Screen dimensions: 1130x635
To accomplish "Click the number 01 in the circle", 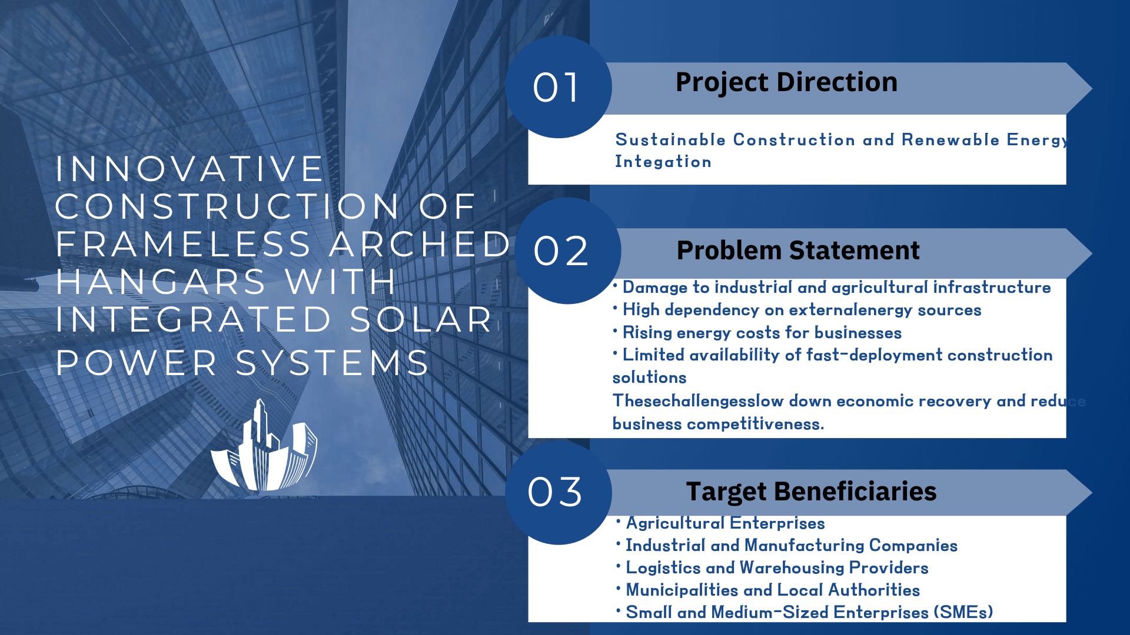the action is (x=556, y=88).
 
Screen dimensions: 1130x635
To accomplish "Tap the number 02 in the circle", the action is (x=560, y=251).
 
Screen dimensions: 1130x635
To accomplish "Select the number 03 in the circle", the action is (x=555, y=492).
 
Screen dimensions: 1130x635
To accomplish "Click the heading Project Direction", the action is (x=786, y=82).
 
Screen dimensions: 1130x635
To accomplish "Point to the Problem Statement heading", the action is (x=798, y=250).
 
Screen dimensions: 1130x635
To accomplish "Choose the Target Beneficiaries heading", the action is (x=811, y=492).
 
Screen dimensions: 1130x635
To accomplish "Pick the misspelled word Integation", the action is (x=663, y=162).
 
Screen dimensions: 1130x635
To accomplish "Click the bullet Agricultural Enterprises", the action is (x=725, y=523).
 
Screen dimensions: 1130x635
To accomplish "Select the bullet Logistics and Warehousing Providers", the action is (x=777, y=567).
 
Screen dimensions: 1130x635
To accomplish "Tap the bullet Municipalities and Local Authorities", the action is (x=773, y=590).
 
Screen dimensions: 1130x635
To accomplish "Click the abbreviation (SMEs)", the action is (x=963, y=612).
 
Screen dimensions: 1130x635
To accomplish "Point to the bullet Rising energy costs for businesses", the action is (x=762, y=333).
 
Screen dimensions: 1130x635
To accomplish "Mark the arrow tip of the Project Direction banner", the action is (x=1092, y=88).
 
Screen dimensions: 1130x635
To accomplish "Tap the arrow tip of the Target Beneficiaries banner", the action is (x=1092, y=493).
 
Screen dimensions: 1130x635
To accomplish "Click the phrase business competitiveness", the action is (x=718, y=424).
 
